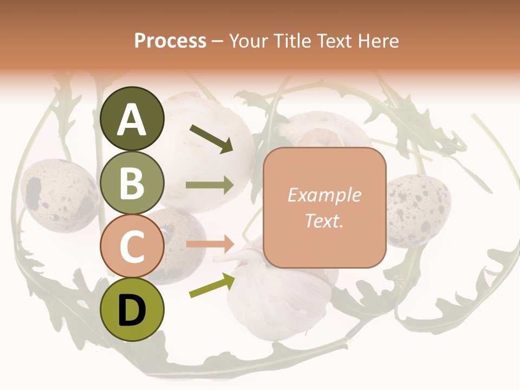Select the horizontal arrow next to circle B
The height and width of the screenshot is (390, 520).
[210, 185]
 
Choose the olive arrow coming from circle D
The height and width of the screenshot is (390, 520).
[212, 285]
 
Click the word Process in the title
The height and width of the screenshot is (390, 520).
[170, 41]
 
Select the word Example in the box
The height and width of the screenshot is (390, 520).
[324, 195]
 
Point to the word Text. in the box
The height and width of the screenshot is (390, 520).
[324, 220]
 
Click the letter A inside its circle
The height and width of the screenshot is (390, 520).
[132, 120]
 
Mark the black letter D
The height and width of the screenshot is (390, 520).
[132, 310]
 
